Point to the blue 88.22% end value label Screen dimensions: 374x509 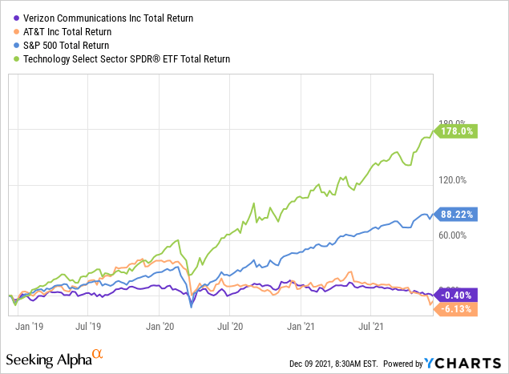[458, 214]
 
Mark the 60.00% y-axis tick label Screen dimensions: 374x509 [453, 235]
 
